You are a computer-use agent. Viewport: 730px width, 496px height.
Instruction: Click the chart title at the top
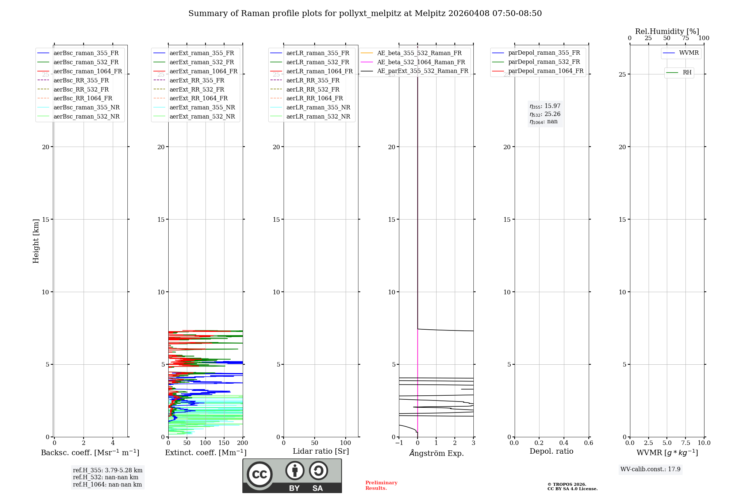pos(365,13)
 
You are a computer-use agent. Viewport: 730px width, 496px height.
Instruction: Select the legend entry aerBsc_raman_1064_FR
pos(88,71)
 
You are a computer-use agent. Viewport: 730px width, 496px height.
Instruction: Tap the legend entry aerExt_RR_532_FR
pos(197,89)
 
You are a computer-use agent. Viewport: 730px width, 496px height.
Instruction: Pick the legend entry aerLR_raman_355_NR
pos(318,108)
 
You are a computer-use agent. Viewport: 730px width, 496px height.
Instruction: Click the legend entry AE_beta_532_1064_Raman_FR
pos(421,62)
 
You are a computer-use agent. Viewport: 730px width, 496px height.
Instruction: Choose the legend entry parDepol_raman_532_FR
pos(544,62)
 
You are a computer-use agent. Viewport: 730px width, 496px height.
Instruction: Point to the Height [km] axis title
pos(36,241)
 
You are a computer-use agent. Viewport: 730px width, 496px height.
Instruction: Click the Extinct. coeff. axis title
pos(205,453)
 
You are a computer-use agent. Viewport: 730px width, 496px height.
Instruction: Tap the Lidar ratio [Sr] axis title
pos(321,452)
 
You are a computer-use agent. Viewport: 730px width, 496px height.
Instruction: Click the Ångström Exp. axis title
pos(436,453)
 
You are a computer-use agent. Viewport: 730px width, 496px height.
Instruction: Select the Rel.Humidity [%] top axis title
pos(667,31)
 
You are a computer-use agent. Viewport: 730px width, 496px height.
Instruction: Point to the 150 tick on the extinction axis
pos(224,443)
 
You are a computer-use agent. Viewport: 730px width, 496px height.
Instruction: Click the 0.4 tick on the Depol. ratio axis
pos(564,443)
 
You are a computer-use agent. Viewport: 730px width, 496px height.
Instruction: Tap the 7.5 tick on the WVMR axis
pos(685,443)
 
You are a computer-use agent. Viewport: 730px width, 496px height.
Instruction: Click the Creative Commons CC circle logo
pos(260,474)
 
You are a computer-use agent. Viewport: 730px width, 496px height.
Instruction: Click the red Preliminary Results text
pos(381,485)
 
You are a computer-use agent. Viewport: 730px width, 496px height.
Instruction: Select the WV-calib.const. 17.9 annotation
pos(650,469)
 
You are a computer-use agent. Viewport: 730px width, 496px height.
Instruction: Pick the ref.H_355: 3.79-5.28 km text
pos(108,470)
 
